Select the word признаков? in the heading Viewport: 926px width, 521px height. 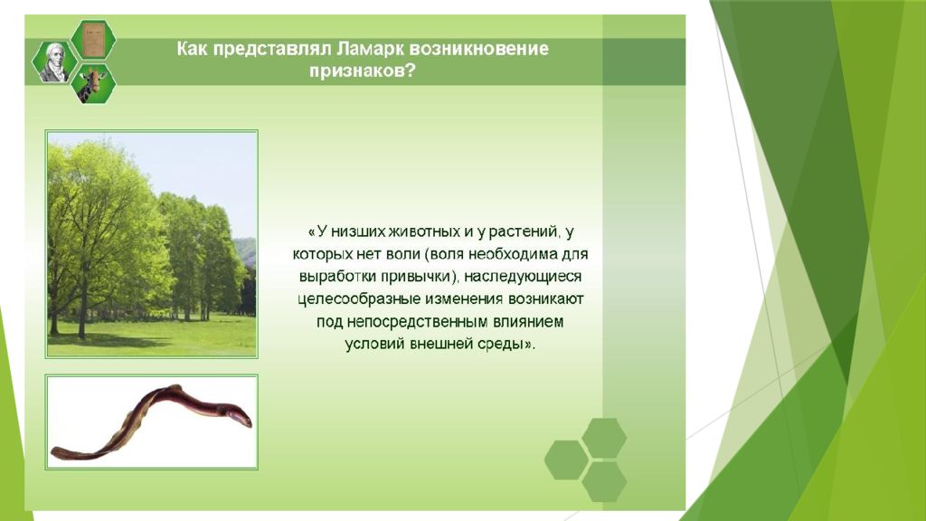(x=362, y=71)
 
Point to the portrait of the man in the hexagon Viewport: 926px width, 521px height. (x=54, y=62)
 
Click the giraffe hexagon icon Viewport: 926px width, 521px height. (x=93, y=84)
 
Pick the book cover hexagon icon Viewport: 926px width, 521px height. (x=93, y=40)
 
